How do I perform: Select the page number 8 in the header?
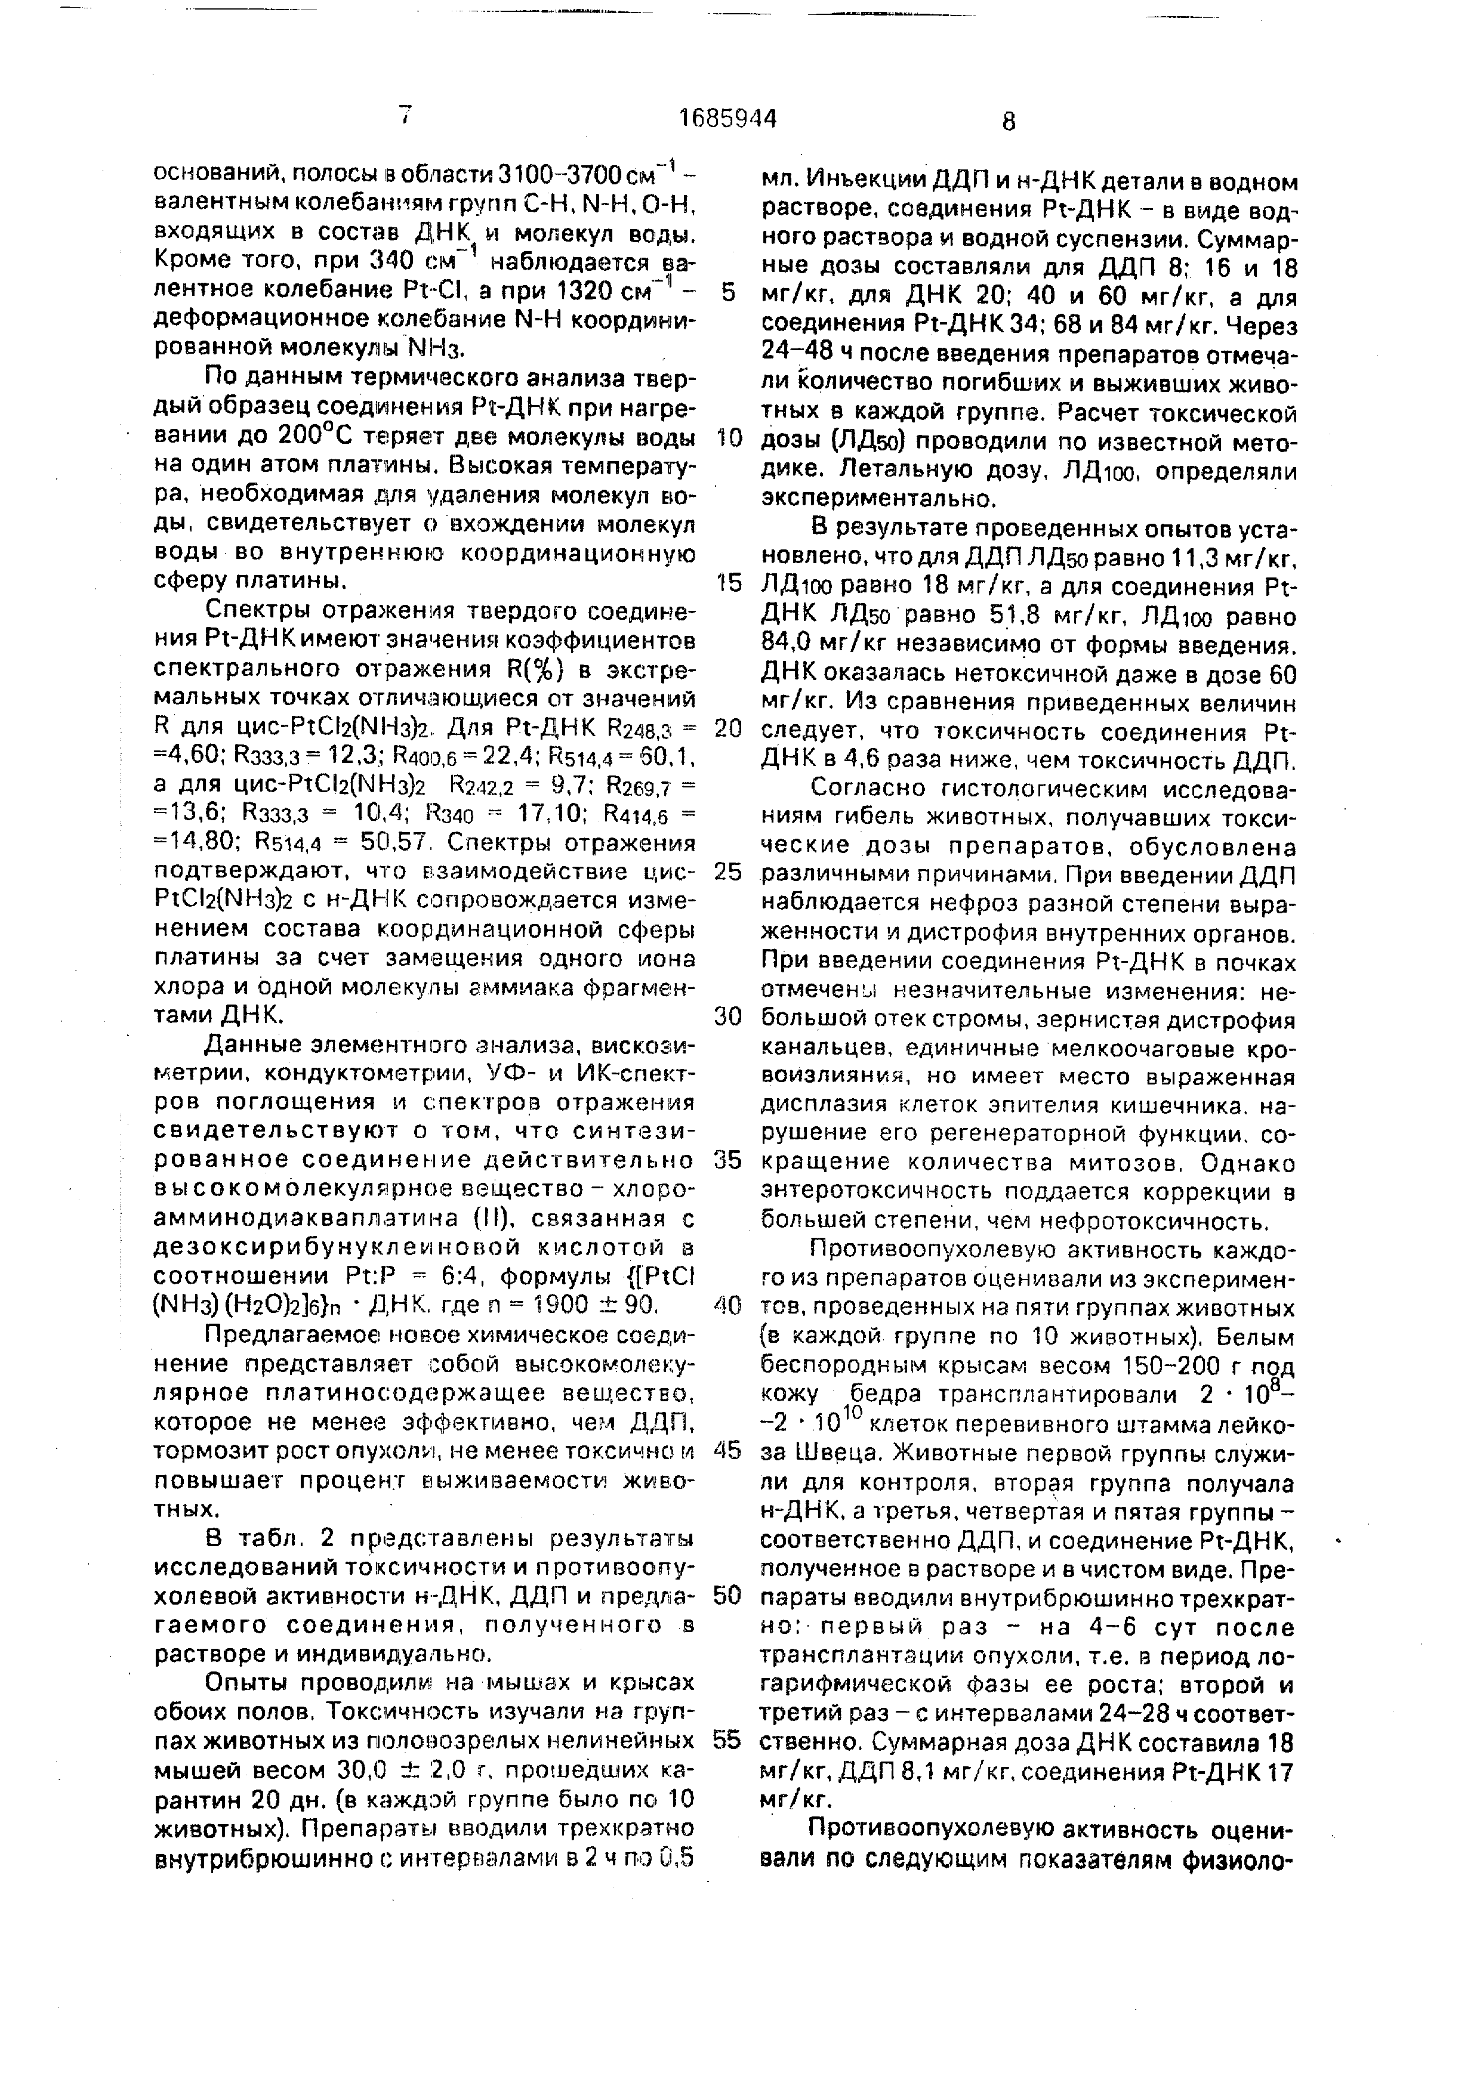pyautogui.click(x=1008, y=121)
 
